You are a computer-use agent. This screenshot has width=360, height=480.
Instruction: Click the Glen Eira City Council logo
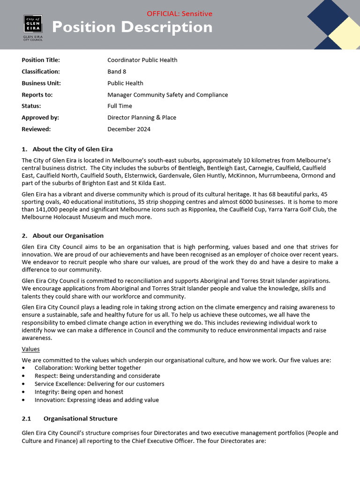point(33,27)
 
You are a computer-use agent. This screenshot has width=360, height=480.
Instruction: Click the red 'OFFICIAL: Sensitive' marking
point(180,14)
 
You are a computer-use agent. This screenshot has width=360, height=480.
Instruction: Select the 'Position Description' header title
point(132,27)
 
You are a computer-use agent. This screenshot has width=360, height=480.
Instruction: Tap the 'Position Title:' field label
point(41,60)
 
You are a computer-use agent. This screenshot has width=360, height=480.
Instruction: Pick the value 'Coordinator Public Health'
point(142,60)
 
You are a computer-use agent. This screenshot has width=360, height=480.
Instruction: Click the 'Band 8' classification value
point(117,72)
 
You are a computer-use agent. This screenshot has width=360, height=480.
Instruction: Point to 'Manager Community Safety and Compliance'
point(167,95)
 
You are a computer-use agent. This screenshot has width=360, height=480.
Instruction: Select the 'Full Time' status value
point(120,106)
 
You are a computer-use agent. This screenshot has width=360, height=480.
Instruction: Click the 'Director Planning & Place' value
point(142,118)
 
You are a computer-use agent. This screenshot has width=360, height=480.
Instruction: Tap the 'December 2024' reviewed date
point(129,129)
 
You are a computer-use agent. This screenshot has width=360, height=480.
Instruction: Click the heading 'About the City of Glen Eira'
point(72,149)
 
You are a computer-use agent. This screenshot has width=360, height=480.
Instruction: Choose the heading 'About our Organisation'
point(67,235)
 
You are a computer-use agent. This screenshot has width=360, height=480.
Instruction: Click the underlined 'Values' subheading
point(30,349)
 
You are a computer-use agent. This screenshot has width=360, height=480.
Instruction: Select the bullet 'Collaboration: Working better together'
point(88,368)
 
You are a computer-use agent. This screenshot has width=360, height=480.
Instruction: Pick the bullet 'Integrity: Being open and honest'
point(79,392)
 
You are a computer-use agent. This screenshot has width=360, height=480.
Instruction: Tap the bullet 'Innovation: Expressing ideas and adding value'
point(97,400)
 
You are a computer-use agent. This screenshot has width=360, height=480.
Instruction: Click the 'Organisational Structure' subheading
point(80,418)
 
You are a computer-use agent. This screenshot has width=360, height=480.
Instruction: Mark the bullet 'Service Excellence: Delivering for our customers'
point(99,384)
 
